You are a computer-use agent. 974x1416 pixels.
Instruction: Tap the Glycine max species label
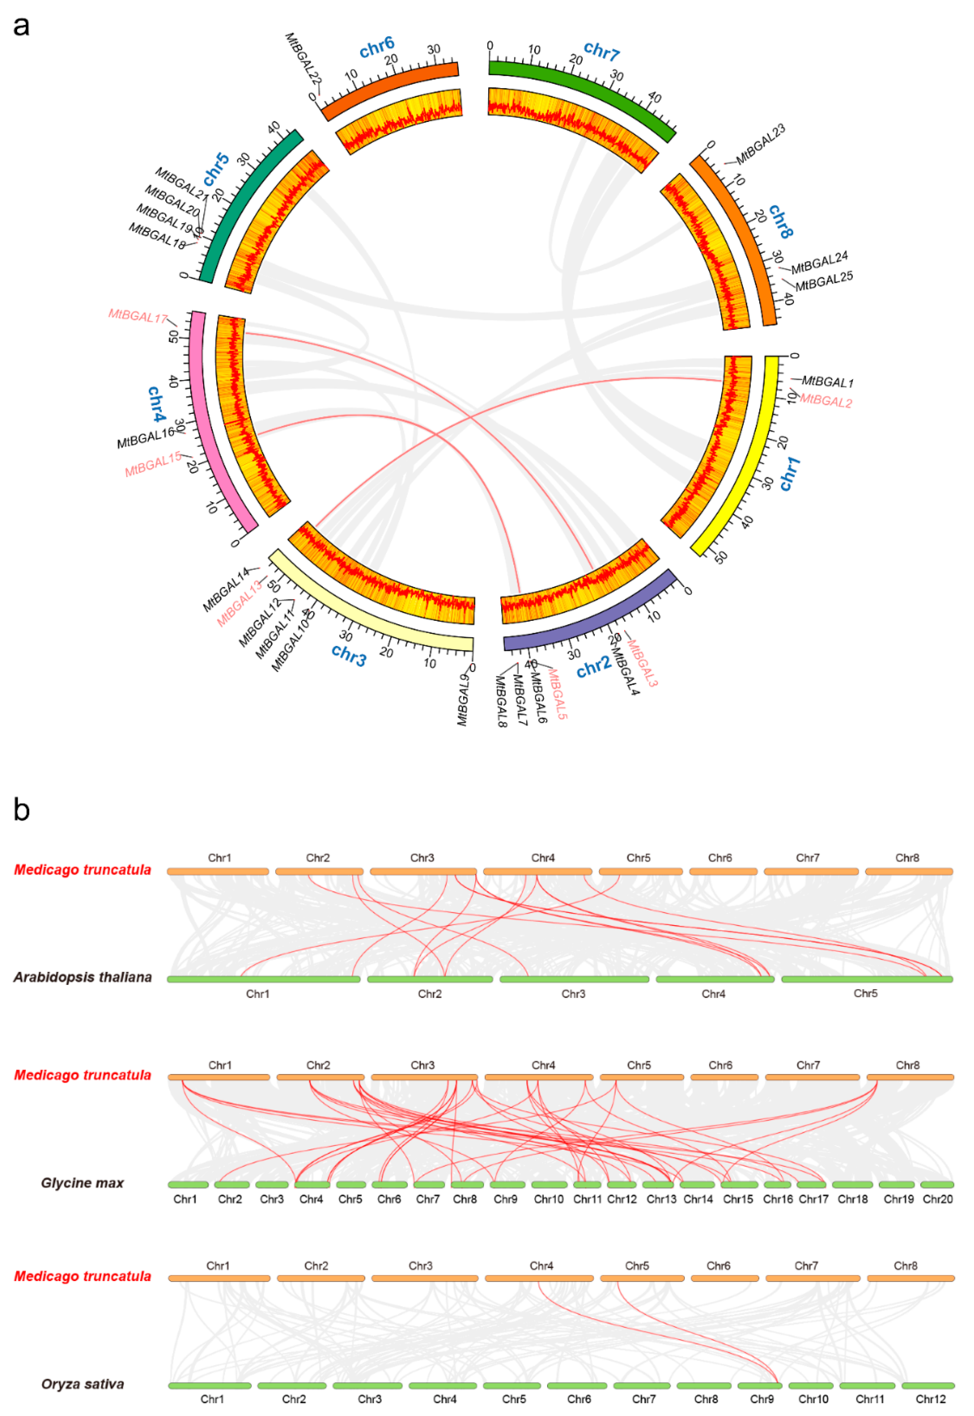[x=82, y=1183]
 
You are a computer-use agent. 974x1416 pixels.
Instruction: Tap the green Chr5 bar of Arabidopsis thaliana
[x=866, y=980]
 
